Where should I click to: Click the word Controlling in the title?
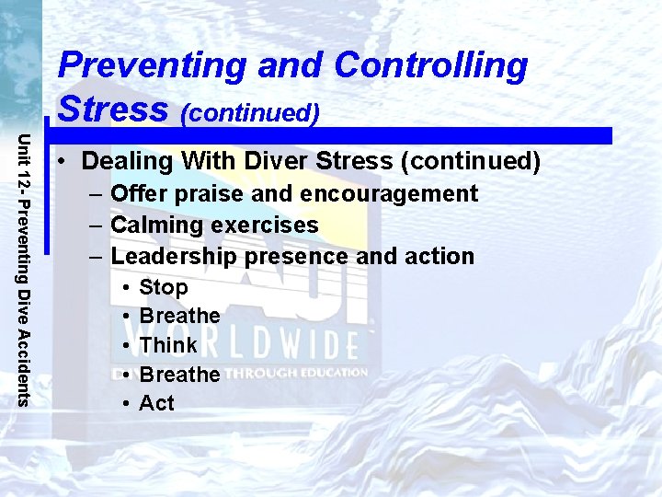[x=430, y=66]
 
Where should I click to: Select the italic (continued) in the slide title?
[x=250, y=112]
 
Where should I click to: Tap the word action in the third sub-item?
[x=436, y=257]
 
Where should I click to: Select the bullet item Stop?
[x=163, y=288]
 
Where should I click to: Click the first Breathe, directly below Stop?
[x=179, y=317]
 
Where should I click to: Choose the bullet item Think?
[x=168, y=345]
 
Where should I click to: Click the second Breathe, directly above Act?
[x=179, y=375]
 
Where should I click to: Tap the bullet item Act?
[x=156, y=403]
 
